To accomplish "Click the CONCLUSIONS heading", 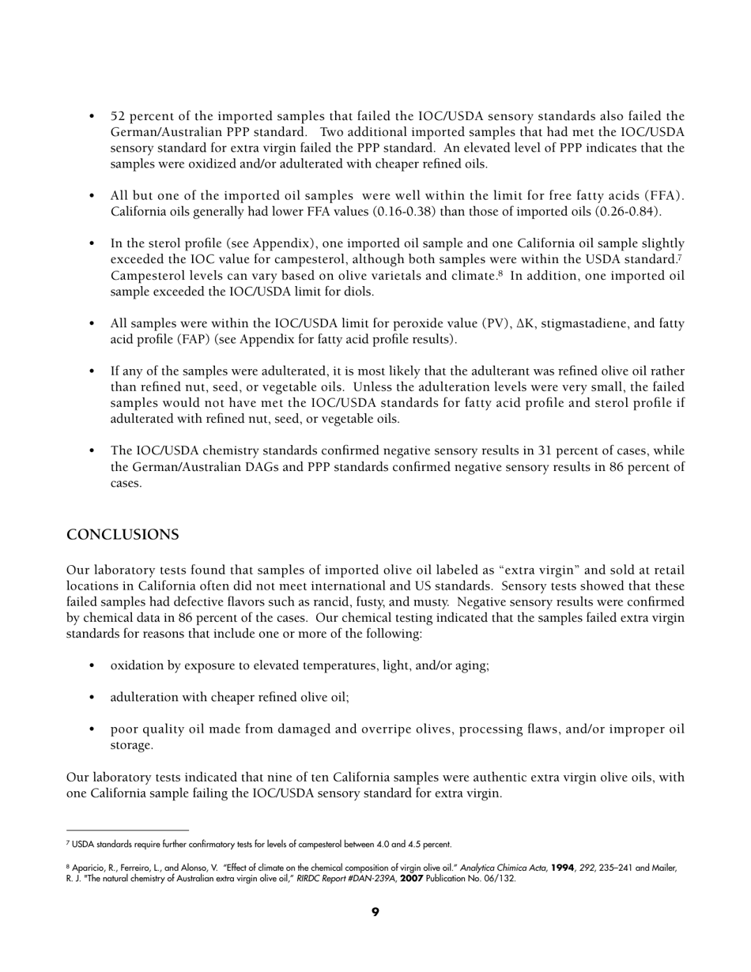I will click(x=123, y=535).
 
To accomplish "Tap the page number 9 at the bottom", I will click(x=375, y=912).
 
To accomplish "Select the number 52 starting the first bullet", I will click(x=119, y=116).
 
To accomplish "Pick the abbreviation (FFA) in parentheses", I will click(x=662, y=196).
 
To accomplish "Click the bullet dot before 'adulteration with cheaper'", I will click(x=94, y=697).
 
